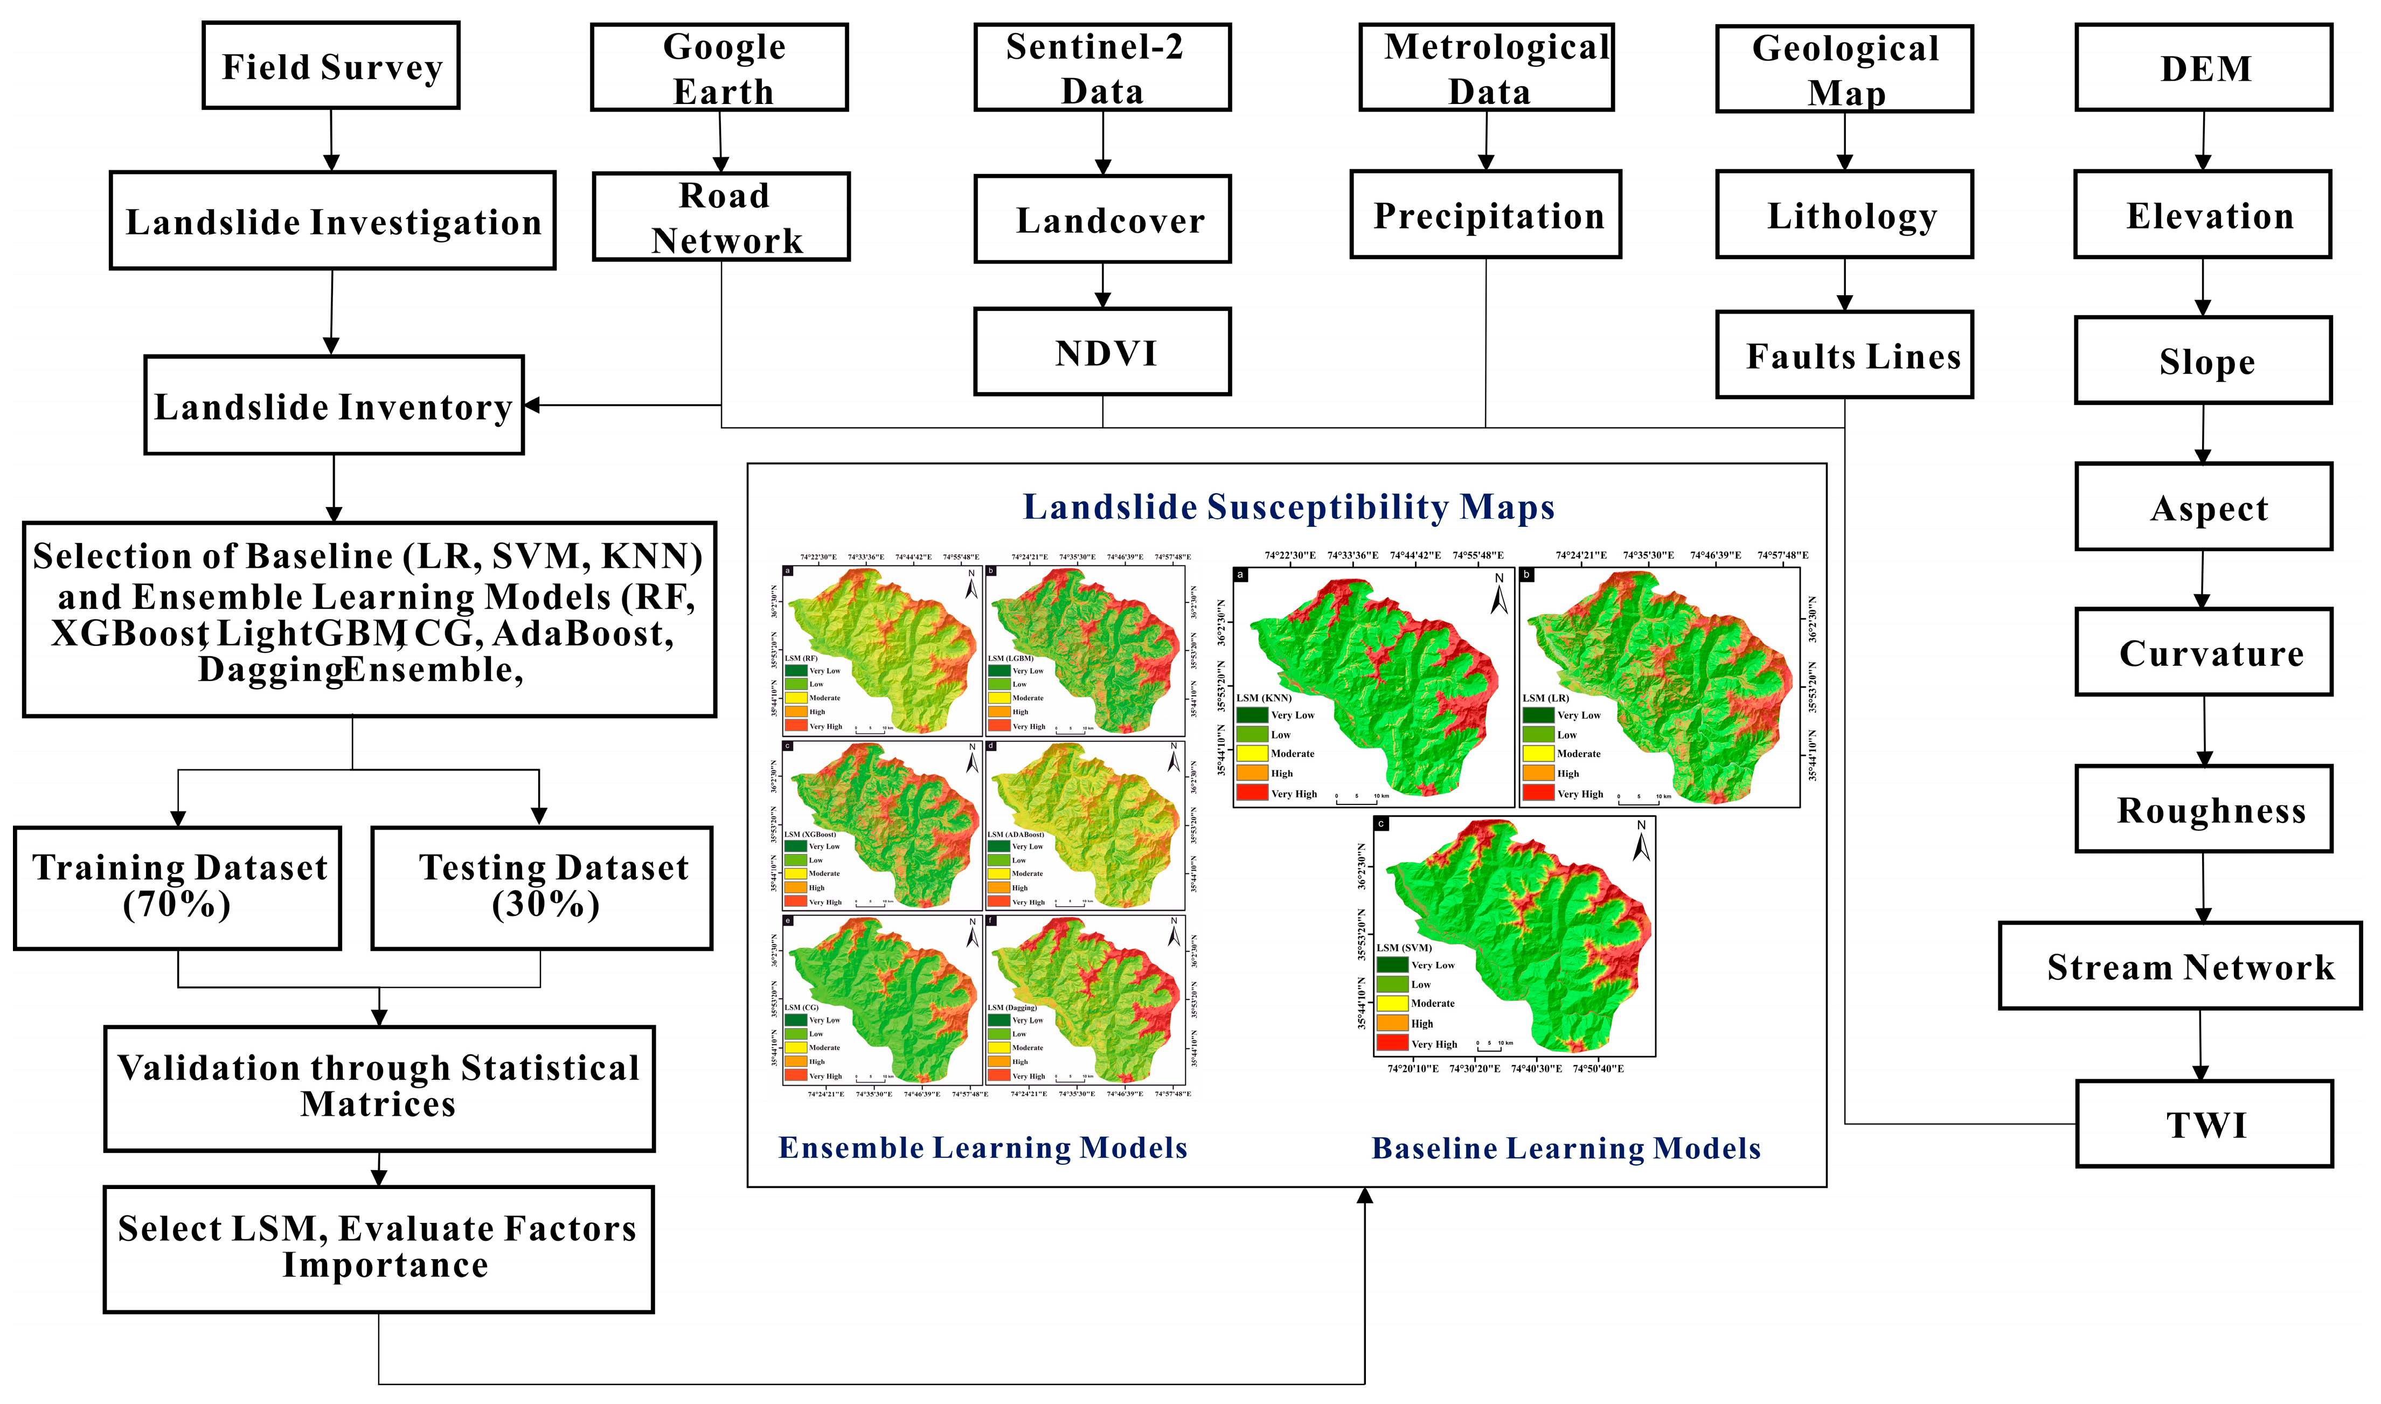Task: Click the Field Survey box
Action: click(331, 66)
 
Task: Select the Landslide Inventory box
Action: click(334, 406)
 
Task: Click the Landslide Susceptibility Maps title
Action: click(1288, 507)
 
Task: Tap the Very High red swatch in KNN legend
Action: click(1252, 793)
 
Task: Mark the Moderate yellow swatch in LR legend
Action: click(1538, 753)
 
